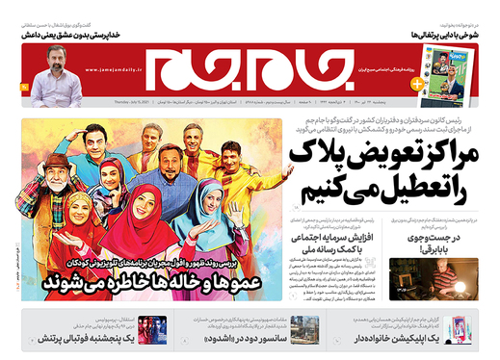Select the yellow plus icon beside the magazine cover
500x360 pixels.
coord(417,85)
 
